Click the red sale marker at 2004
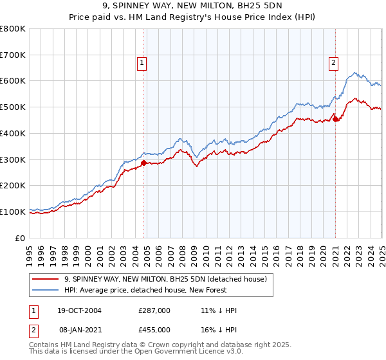tap(143, 163)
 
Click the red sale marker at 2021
tap(335, 118)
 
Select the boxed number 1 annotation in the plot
tap(142, 63)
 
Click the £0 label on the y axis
tap(21, 238)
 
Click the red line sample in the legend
tap(46, 279)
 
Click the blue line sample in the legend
tap(46, 290)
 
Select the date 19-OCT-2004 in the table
tap(79, 310)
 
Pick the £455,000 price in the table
tap(154, 329)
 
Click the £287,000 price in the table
tap(154, 310)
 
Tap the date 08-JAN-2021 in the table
tap(79, 329)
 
